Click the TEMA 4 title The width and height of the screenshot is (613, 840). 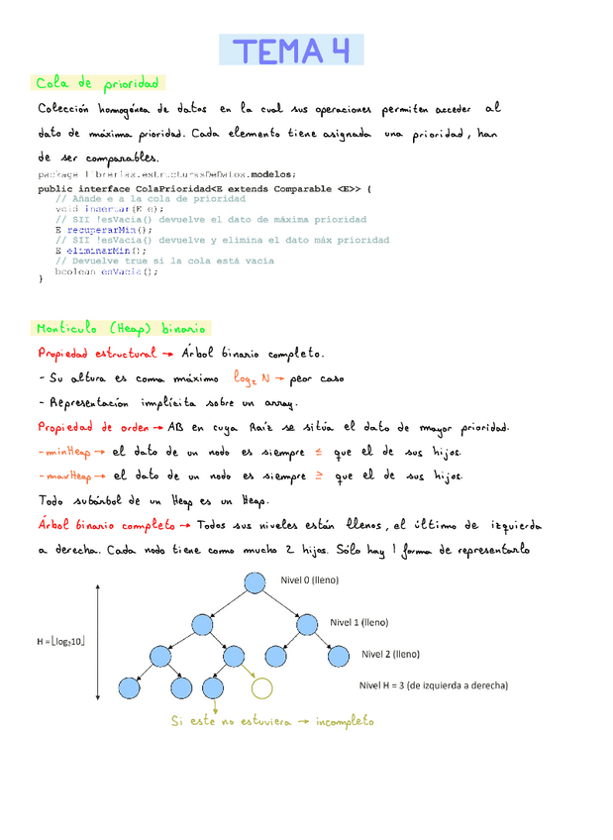click(x=291, y=50)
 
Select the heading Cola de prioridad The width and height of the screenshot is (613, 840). click(x=97, y=83)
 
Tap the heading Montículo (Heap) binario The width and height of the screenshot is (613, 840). click(x=122, y=328)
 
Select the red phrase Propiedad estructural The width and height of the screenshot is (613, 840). click(x=95, y=353)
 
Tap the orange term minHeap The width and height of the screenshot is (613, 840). click(x=67, y=452)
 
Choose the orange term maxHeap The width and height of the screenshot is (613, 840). click(x=68, y=476)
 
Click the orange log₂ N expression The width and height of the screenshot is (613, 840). click(x=252, y=377)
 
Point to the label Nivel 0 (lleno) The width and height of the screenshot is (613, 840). click(x=309, y=580)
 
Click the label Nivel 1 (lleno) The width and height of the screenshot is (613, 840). click(x=358, y=622)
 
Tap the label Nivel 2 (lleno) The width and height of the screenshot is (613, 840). click(x=390, y=654)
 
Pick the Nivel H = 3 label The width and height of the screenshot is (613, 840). click(x=433, y=684)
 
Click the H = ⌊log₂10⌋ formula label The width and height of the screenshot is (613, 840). click(x=59, y=641)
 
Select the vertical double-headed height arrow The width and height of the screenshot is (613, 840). click(x=98, y=641)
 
